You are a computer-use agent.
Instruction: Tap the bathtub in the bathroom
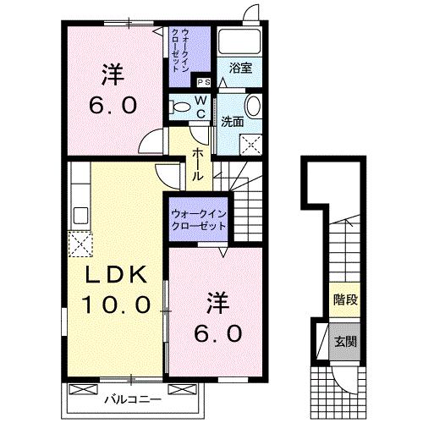[x=239, y=43]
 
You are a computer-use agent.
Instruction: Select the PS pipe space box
[x=203, y=83]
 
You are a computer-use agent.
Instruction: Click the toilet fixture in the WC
[x=180, y=107]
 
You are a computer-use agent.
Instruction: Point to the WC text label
[x=201, y=106]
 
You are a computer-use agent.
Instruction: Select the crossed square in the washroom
[x=250, y=145]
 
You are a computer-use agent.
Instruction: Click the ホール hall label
[x=196, y=163]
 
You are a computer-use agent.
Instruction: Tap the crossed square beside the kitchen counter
[x=80, y=244]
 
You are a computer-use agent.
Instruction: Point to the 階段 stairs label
[x=344, y=299]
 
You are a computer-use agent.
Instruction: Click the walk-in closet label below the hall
[x=198, y=221]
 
